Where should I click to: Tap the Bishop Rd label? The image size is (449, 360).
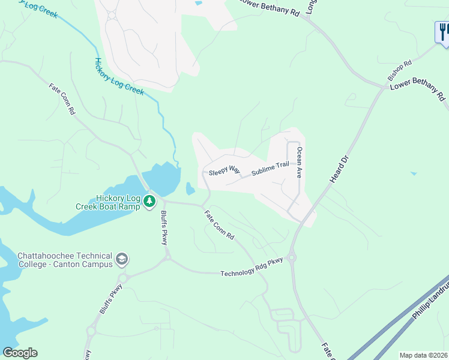tap(399, 71)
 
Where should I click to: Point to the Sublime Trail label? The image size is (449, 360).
tap(270, 168)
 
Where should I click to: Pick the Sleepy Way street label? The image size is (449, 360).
tap(224, 171)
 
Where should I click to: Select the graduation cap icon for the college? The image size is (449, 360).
tap(122, 259)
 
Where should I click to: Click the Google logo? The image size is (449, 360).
tap(20, 353)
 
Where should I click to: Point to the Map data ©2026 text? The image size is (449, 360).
tap(424, 355)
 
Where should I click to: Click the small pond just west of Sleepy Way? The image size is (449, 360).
tap(190, 190)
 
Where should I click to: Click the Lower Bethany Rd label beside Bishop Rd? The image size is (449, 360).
tap(418, 92)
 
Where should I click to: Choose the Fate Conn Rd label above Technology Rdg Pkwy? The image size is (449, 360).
tap(218, 225)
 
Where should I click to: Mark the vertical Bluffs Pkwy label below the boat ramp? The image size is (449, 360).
tap(163, 228)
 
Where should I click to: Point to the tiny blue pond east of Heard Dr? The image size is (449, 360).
tap(413, 174)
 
